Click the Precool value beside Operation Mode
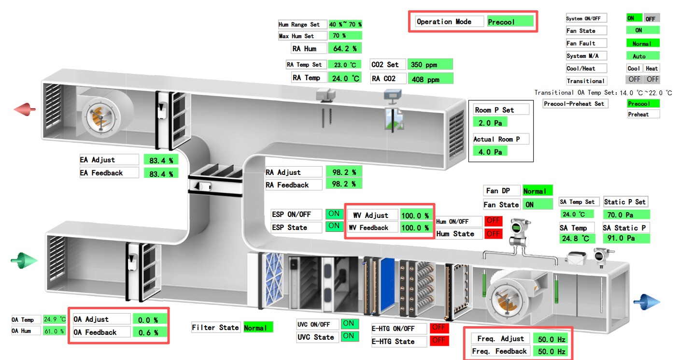coord(510,22)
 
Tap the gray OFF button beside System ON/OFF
coord(651,18)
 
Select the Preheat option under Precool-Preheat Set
coord(643,115)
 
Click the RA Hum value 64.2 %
coord(345,48)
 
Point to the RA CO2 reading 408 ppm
coord(430,79)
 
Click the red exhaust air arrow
coord(25,109)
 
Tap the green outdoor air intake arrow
coord(24,261)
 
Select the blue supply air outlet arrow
coord(646,301)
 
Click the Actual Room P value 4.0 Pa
coord(490,152)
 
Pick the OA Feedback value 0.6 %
coord(149,332)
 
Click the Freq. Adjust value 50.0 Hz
coord(551,339)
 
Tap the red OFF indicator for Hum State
coord(493,234)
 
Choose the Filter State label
coord(215,328)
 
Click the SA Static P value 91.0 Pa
coord(626,238)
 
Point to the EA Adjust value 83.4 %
coord(161,160)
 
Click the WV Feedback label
coord(373,228)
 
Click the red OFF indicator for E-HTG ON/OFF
coord(439,328)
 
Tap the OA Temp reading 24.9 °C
coord(54,319)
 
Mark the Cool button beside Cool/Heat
coord(634,69)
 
